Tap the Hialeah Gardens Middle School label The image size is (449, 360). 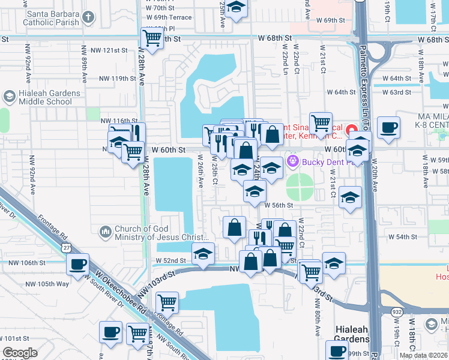tap(49, 97)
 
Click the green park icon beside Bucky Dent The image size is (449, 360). tap(293, 161)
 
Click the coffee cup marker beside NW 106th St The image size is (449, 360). tap(77, 265)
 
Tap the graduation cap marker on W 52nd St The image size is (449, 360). tap(203, 254)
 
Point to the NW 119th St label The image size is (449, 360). tap(115, 79)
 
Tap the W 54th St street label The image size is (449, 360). tap(403, 237)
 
